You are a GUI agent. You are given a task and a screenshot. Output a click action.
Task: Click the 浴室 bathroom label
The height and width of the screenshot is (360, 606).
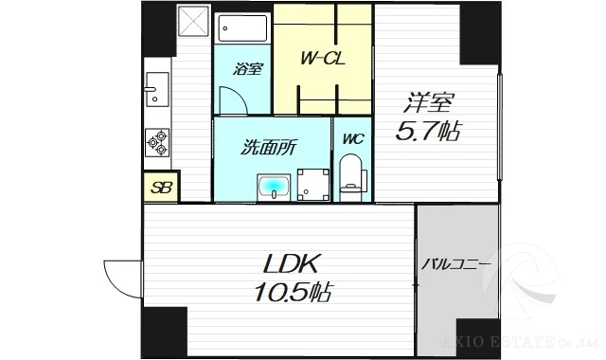coord(249,69)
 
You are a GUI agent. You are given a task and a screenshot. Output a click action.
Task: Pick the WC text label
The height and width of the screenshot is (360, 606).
coord(353,138)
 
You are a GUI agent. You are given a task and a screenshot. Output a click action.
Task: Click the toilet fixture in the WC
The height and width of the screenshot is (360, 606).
coord(350,177)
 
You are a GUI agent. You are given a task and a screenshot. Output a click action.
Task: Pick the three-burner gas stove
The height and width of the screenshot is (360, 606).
coord(157,143)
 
